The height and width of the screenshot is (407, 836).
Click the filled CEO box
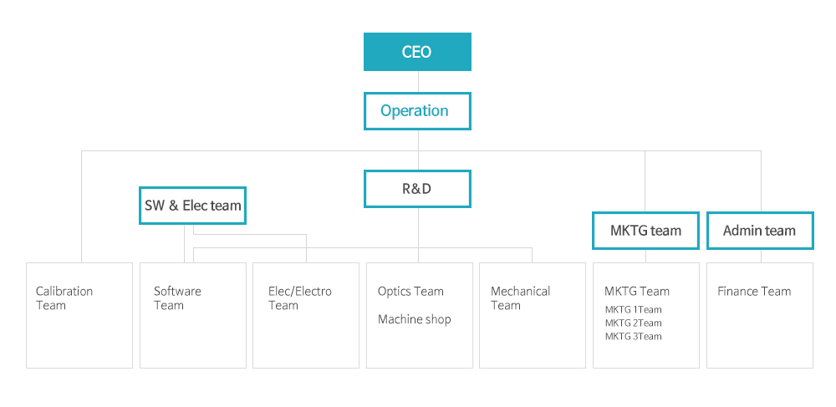tap(417, 52)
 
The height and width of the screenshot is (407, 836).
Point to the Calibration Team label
tap(64, 298)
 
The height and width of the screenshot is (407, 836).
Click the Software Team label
tap(177, 298)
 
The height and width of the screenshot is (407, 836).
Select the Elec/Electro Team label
tap(299, 298)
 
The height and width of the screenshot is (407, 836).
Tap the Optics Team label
tap(410, 292)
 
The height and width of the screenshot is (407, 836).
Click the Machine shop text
tap(415, 319)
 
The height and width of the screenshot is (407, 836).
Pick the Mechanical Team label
tap(520, 298)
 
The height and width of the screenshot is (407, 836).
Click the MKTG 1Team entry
tap(634, 309)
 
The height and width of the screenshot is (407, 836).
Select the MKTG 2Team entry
tap(634, 323)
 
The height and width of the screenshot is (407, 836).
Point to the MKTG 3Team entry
tap(634, 336)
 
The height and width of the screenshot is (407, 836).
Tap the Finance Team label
tap(754, 292)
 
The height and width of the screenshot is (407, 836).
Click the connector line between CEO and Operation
tap(418, 82)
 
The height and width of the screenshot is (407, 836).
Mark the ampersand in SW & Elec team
tap(173, 205)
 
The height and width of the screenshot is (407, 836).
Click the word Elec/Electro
tap(299, 292)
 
